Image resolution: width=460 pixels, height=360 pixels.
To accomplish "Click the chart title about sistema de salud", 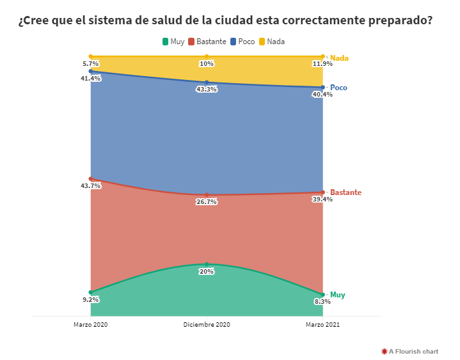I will (x=225, y=20).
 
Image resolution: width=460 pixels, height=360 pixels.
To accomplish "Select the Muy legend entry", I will (x=173, y=42).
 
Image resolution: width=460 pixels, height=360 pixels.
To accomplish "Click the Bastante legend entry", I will (x=207, y=42).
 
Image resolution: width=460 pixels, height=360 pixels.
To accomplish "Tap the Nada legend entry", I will (x=271, y=42).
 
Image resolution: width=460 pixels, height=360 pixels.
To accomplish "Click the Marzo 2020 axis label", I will (x=91, y=325).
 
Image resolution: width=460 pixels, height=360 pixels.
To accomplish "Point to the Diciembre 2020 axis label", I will (x=207, y=325).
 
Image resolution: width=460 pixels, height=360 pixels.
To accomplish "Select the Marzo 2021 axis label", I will (x=322, y=325).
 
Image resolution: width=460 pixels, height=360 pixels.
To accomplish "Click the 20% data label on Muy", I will (x=207, y=271).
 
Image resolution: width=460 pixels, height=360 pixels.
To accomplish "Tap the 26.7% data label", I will (x=207, y=202).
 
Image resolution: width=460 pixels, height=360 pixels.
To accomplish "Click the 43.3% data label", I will (x=207, y=90).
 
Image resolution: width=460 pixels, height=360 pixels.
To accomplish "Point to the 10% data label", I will (x=207, y=64).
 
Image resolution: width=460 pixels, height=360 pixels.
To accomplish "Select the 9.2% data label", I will (x=91, y=299).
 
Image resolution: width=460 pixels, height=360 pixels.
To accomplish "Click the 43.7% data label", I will (x=91, y=186).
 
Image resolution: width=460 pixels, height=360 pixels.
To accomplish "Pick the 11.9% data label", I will (x=322, y=64).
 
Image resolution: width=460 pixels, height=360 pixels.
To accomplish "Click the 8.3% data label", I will (x=322, y=302).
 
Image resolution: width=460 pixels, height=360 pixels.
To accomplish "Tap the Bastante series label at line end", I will (x=345, y=192).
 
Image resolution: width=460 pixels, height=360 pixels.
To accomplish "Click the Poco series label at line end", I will (x=338, y=88).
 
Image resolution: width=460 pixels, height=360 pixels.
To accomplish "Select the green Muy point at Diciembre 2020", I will (x=207, y=264).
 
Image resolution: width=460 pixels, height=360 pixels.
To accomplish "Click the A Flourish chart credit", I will (x=410, y=351).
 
